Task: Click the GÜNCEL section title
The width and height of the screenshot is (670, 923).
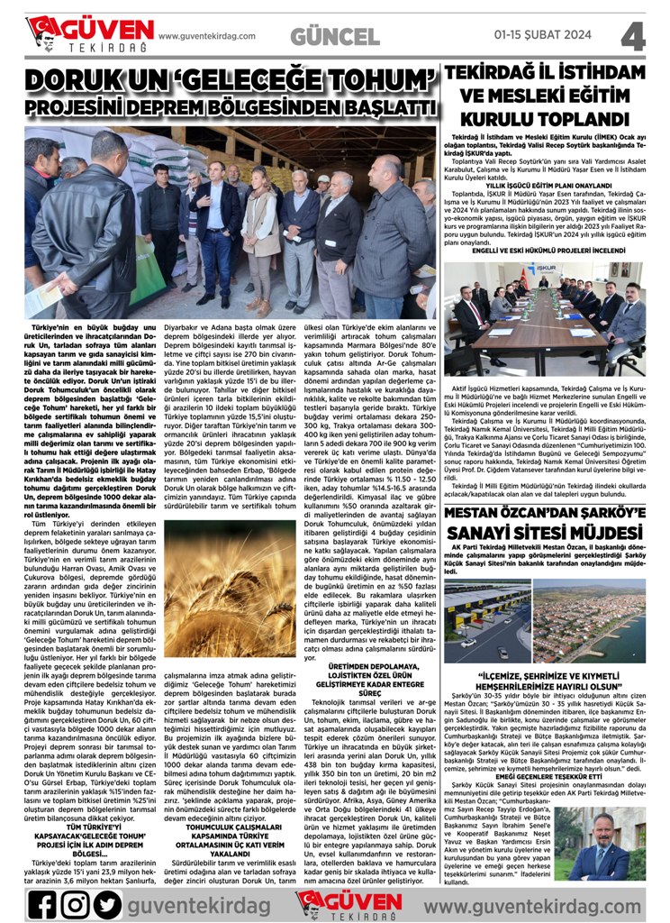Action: pyautogui.click(x=335, y=37)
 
